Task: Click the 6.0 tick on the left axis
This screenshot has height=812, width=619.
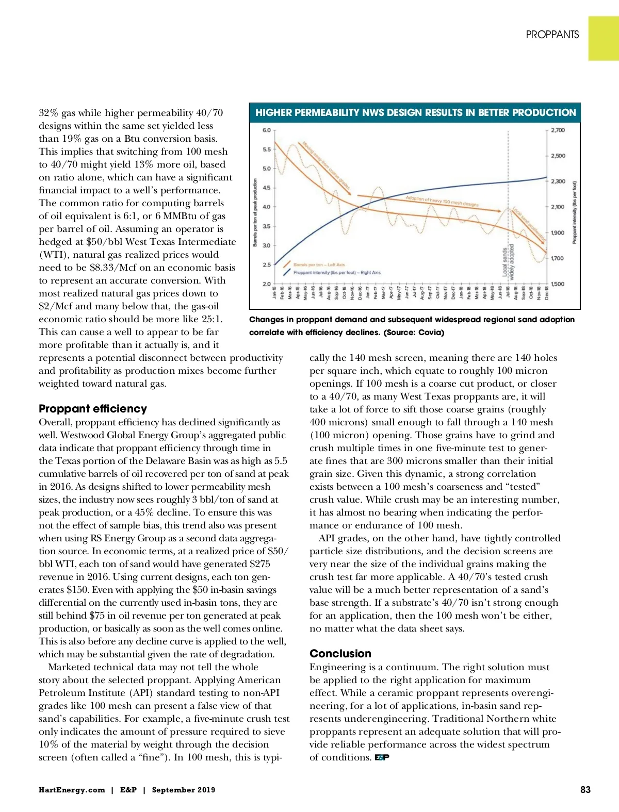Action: click(267, 130)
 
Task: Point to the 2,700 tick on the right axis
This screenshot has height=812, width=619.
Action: click(558, 130)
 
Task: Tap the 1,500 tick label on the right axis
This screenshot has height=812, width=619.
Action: click(558, 284)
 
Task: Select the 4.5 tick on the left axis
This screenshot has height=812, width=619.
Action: click(267, 188)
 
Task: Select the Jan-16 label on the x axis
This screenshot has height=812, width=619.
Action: click(274, 293)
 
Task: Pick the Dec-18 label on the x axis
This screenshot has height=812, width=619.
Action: click(547, 293)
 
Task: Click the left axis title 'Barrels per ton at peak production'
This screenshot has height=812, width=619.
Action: click(255, 212)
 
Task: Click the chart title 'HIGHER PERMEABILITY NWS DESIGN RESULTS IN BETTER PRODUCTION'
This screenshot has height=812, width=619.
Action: click(415, 112)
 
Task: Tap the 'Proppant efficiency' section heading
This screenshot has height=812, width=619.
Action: click(93, 409)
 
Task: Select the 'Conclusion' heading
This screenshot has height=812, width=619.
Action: click(340, 654)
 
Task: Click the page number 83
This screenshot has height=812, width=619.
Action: click(585, 790)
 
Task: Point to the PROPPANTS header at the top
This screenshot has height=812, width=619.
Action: click(552, 35)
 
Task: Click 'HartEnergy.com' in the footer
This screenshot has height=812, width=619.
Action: click(72, 790)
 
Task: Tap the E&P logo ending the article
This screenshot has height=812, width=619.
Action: click(382, 757)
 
